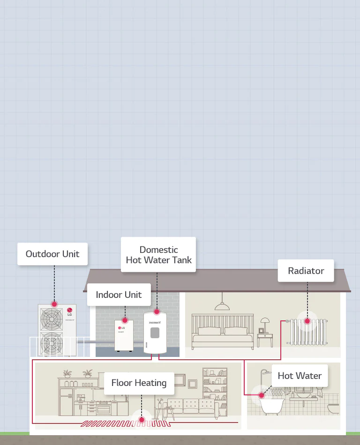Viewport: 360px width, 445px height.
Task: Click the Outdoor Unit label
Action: tap(52, 254)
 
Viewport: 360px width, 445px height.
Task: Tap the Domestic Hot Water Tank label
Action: tap(158, 255)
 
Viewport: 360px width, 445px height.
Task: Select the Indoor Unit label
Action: tap(119, 295)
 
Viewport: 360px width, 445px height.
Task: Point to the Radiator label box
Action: tap(306, 271)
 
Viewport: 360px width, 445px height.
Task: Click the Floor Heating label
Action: tap(139, 383)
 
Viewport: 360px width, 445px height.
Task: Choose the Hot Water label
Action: tap(300, 376)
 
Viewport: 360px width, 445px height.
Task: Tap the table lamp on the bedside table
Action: tap(265, 323)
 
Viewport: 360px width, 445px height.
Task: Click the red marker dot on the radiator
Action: tap(307, 321)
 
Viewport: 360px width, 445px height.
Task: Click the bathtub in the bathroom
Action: tap(271, 406)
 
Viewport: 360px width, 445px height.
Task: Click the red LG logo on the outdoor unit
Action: tap(70, 309)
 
